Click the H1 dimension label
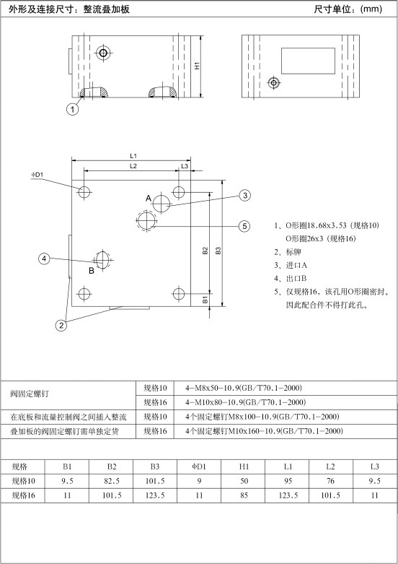pos(197,66)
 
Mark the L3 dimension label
pos(185,166)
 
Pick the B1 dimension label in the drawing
pos(205,299)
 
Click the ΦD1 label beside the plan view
pos(37,175)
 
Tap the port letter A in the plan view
pos(149,198)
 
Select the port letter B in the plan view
pos(92,271)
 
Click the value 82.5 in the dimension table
pos(112,481)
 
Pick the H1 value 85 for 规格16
pos(244,495)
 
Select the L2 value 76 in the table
pos(330,481)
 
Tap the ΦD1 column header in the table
pos(199,467)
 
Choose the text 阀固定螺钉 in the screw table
pos(30,394)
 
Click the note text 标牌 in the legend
pos(293,252)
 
